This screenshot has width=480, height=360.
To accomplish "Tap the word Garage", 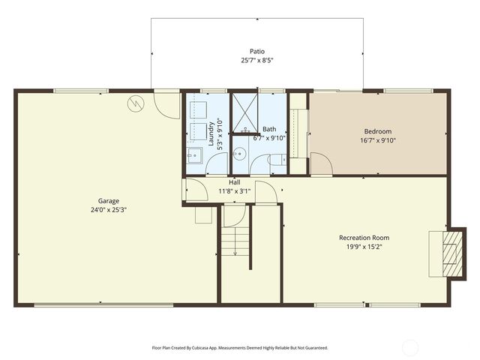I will point(109,201).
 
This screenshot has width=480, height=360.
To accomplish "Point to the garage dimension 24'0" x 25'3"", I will point(109,210).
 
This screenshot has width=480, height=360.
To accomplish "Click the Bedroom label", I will point(378,131).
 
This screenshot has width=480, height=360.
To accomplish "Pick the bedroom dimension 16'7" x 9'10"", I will point(378,140).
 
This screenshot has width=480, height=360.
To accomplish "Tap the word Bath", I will point(269,129).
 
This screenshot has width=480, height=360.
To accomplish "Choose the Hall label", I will point(235,182).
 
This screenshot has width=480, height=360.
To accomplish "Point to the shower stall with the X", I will point(244,109).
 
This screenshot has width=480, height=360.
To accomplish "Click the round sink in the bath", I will point(238,153).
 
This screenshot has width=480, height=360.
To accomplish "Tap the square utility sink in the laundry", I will point(193,157).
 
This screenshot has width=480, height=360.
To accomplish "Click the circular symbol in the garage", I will point(136,103).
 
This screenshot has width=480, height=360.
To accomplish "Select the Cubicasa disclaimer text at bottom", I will point(239,348).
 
